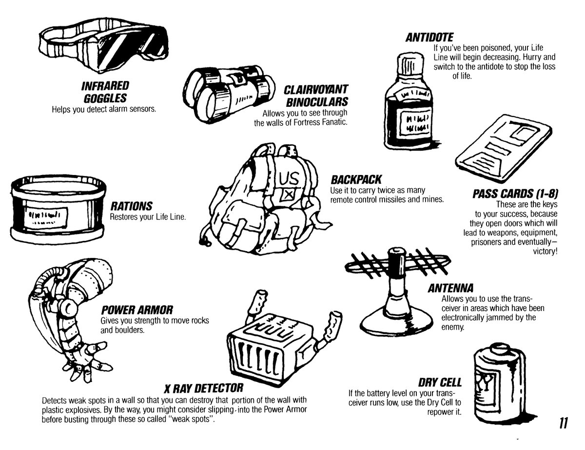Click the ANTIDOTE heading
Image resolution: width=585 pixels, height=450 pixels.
tap(430, 38)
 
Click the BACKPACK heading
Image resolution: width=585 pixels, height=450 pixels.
tap(355, 179)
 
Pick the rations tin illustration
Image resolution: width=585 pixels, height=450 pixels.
tap(58, 209)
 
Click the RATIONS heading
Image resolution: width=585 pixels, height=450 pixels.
tap(131, 206)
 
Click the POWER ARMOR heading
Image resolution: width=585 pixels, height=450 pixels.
tap(137, 311)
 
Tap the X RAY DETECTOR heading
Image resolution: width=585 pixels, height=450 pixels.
tap(203, 389)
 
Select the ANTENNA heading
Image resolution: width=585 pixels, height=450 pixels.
tap(451, 288)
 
